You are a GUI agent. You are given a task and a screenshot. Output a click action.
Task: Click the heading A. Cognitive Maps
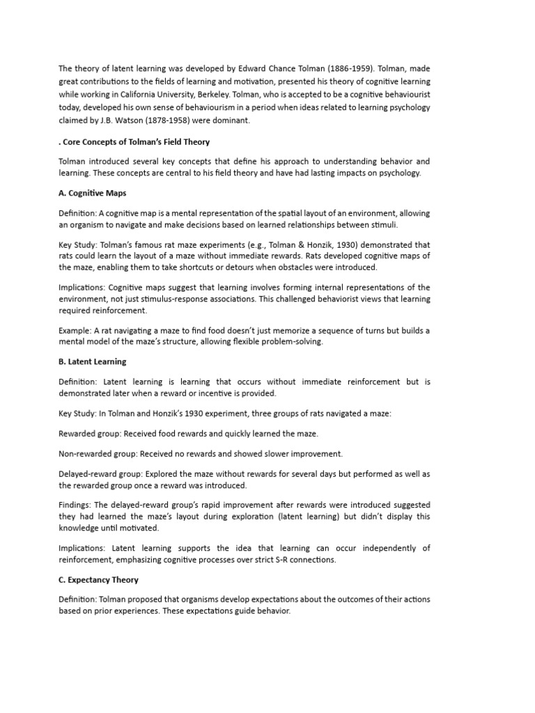click(x=93, y=193)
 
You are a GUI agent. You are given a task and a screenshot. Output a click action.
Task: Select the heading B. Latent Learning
click(x=93, y=362)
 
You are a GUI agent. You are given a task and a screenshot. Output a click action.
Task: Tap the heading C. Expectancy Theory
click(x=99, y=579)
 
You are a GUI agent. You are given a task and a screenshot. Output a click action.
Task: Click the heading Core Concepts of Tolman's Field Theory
click(x=137, y=142)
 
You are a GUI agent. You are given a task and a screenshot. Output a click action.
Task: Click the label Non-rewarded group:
click(x=98, y=454)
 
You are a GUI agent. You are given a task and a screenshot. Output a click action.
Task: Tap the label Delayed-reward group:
click(x=100, y=474)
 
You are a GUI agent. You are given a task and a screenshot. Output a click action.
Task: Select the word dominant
click(x=231, y=120)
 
